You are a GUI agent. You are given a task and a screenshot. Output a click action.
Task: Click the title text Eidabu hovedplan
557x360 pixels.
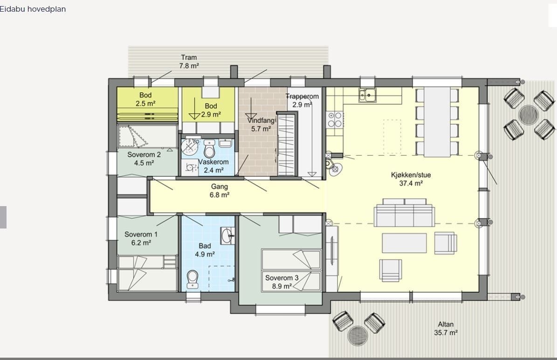pyautogui.click(x=33, y=9)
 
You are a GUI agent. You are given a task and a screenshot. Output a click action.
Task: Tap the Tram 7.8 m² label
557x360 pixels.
pyautogui.click(x=189, y=62)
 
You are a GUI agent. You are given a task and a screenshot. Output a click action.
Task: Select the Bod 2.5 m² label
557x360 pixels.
pyautogui.click(x=145, y=99)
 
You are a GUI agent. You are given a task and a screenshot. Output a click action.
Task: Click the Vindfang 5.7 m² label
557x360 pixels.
pyautogui.click(x=261, y=125)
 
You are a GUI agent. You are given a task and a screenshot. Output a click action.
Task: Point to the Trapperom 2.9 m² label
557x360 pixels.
pyautogui.click(x=302, y=100)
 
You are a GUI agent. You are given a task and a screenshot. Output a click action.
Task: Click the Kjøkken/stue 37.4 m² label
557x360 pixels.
pyautogui.click(x=411, y=179)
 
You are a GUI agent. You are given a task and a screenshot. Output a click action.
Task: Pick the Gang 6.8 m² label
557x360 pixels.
pyautogui.click(x=219, y=191)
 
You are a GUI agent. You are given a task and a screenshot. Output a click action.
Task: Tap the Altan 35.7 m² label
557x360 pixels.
pyautogui.click(x=446, y=328)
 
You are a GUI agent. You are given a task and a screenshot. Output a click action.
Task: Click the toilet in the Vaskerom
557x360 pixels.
pyautogui.click(x=209, y=150)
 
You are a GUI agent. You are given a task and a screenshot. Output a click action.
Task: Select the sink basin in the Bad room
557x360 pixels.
pyautogui.click(x=227, y=236)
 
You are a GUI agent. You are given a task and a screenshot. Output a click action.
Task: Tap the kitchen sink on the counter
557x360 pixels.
pyautogui.click(x=368, y=95)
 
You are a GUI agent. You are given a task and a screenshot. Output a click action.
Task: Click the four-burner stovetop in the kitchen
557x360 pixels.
pyautogui.click(x=335, y=119)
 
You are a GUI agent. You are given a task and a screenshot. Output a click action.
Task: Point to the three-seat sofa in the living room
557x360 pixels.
pyautogui.click(x=404, y=213)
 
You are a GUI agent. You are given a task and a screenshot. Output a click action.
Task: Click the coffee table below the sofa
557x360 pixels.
pyautogui.click(x=404, y=243)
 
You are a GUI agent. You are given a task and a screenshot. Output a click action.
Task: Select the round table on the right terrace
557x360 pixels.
pyautogui.click(x=528, y=114)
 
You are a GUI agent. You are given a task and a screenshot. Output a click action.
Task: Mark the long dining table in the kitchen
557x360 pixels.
pyautogui.click(x=437, y=122)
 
